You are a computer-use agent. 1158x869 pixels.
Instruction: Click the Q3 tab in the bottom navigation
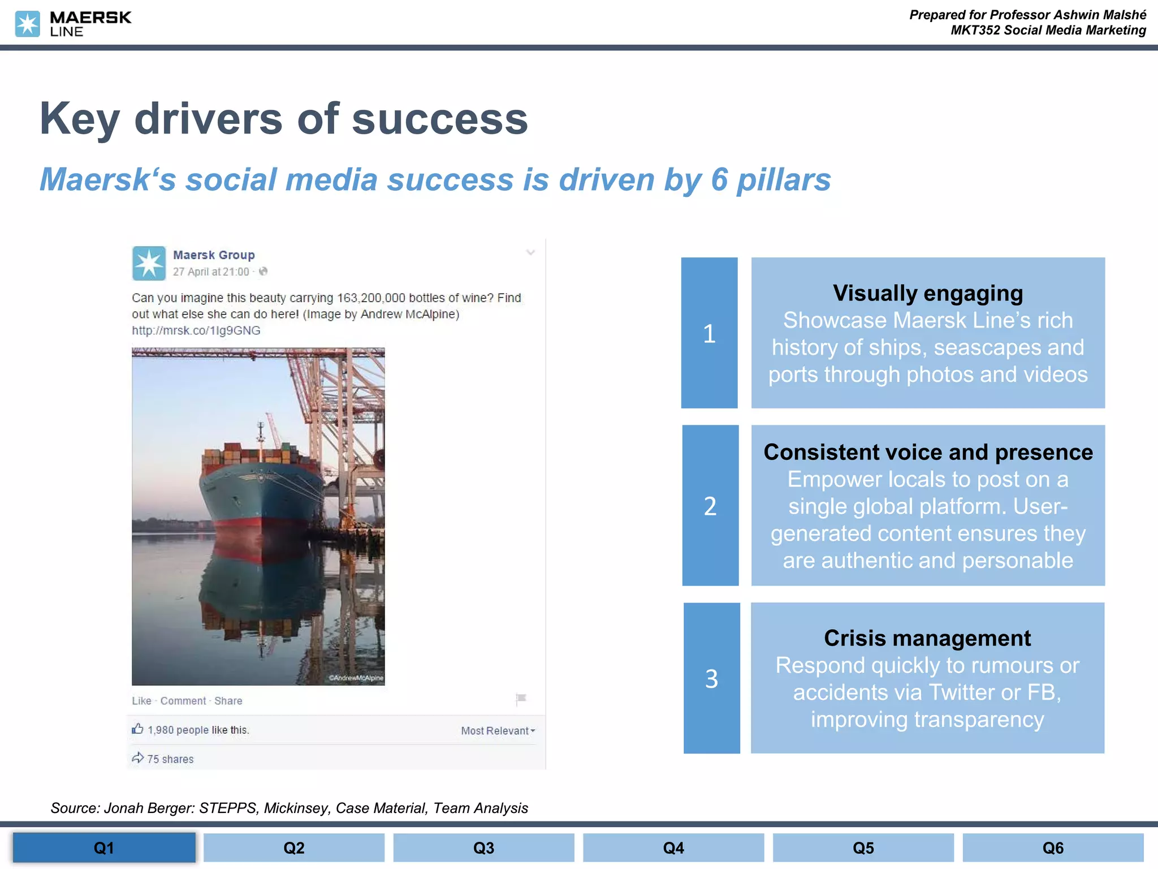point(483,848)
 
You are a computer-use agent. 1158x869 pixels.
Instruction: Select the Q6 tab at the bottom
point(1053,848)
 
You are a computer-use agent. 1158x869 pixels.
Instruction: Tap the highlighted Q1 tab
point(104,848)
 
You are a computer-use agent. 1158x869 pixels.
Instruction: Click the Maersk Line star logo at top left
point(27,24)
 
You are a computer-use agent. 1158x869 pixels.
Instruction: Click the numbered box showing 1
point(709,333)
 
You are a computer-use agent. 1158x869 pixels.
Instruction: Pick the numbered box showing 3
point(711,678)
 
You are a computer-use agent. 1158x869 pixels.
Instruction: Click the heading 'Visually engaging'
point(927,293)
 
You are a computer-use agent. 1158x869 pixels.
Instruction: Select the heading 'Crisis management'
point(927,638)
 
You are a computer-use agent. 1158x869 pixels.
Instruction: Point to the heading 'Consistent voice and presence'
point(927,452)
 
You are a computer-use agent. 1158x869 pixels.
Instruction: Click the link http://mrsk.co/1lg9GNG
point(196,330)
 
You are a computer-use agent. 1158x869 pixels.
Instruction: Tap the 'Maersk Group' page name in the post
point(214,255)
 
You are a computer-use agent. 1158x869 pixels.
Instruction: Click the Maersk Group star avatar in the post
point(149,263)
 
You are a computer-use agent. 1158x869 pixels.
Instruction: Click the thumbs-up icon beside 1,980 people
point(137,729)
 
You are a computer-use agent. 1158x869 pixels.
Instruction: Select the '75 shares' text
point(170,759)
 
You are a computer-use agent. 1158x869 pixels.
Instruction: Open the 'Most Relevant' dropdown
point(498,731)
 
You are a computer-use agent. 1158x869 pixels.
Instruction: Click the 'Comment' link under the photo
point(183,701)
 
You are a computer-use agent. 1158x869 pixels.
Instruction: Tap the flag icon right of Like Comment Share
point(521,699)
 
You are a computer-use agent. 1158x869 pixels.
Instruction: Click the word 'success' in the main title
point(440,119)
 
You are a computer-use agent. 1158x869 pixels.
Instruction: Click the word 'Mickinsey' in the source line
point(296,808)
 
